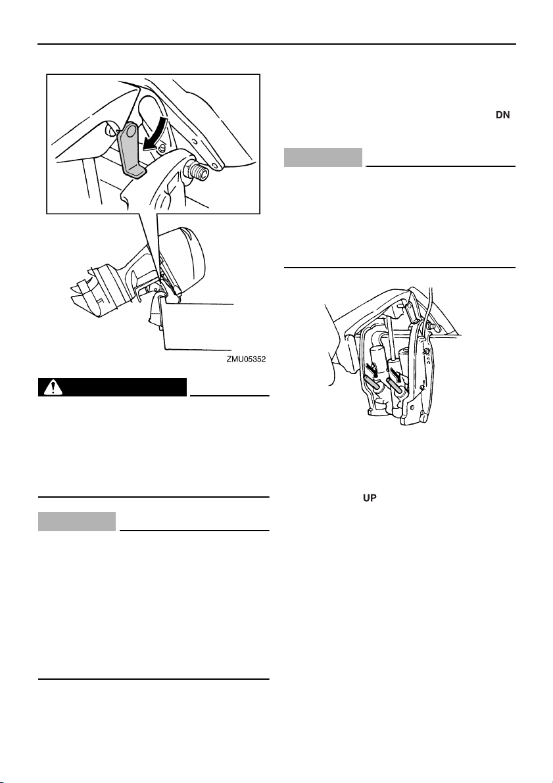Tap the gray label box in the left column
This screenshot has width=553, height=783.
78,522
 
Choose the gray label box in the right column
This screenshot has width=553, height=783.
324,158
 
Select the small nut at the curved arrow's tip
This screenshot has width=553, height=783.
160,148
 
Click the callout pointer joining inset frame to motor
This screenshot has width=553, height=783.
148,243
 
